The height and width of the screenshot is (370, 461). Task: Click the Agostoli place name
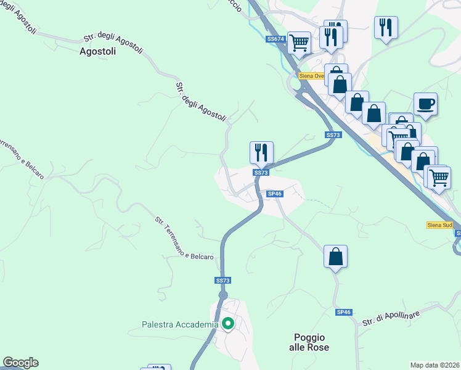(x=98, y=52)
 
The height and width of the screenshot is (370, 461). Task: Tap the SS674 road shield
(x=275, y=39)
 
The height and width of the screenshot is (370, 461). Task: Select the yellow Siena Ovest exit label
(x=311, y=76)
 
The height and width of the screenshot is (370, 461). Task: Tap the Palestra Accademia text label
(x=180, y=324)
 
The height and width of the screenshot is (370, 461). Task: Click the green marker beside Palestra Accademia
(x=227, y=323)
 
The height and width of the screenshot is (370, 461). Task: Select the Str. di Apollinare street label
(x=391, y=318)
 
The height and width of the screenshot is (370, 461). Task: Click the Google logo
(x=20, y=363)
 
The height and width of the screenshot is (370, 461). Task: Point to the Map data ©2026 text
(x=434, y=365)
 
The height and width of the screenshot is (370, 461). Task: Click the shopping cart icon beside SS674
(x=299, y=43)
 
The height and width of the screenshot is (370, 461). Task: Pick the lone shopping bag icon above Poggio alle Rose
(x=335, y=256)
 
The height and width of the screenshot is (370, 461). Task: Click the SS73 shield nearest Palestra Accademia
(x=222, y=280)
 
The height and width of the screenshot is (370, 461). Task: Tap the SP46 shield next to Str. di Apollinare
(x=343, y=313)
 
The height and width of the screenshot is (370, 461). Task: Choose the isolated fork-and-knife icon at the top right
(x=386, y=27)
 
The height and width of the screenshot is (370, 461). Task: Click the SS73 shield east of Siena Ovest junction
(x=333, y=135)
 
